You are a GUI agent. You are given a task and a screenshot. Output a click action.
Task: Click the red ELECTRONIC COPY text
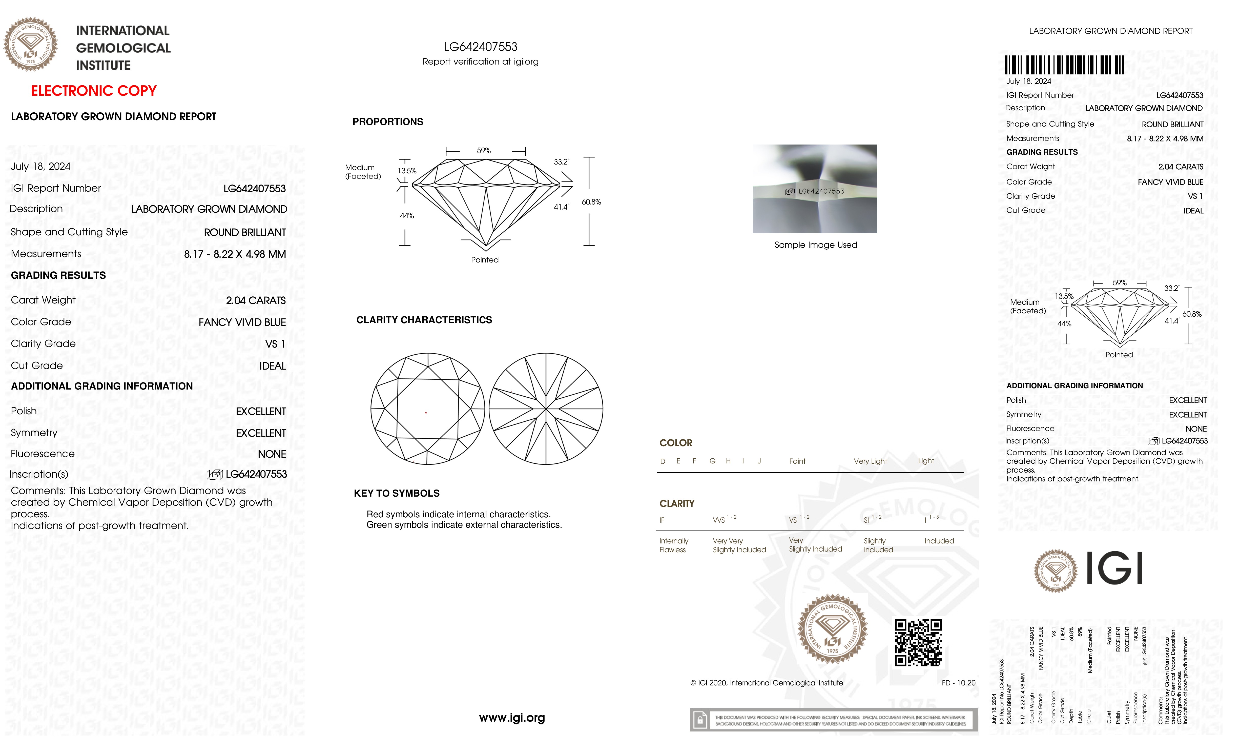pyautogui.click(x=94, y=91)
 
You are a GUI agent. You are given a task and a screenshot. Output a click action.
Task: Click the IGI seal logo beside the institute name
pyautogui.click(x=31, y=44)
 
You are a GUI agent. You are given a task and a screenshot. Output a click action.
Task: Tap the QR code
pyautogui.click(x=918, y=643)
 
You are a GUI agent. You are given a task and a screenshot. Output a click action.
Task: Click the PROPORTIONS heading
pyautogui.click(x=387, y=122)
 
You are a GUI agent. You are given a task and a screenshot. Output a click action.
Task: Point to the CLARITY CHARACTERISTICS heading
pyautogui.click(x=424, y=320)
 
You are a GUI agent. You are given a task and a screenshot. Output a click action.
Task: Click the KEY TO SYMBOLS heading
pyautogui.click(x=397, y=493)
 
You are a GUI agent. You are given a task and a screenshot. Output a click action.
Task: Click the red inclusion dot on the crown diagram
pyautogui.click(x=426, y=413)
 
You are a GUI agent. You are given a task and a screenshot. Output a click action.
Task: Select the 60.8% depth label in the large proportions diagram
pyautogui.click(x=591, y=202)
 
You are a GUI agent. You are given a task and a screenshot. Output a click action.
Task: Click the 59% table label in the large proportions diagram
pyautogui.click(x=484, y=151)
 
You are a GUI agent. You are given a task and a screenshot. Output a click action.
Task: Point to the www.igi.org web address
pyautogui.click(x=512, y=718)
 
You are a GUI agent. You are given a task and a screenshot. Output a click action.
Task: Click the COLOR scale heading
pyautogui.click(x=675, y=443)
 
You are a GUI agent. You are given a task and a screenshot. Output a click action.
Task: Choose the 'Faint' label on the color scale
pyautogui.click(x=797, y=461)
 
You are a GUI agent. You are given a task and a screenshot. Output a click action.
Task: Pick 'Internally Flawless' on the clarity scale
pyautogui.click(x=673, y=545)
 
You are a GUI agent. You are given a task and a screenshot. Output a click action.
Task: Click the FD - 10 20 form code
pyautogui.click(x=958, y=683)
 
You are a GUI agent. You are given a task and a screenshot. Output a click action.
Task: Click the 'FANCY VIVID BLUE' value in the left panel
pyautogui.click(x=242, y=322)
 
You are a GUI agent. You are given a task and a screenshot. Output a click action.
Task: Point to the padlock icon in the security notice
pyautogui.click(x=699, y=720)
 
